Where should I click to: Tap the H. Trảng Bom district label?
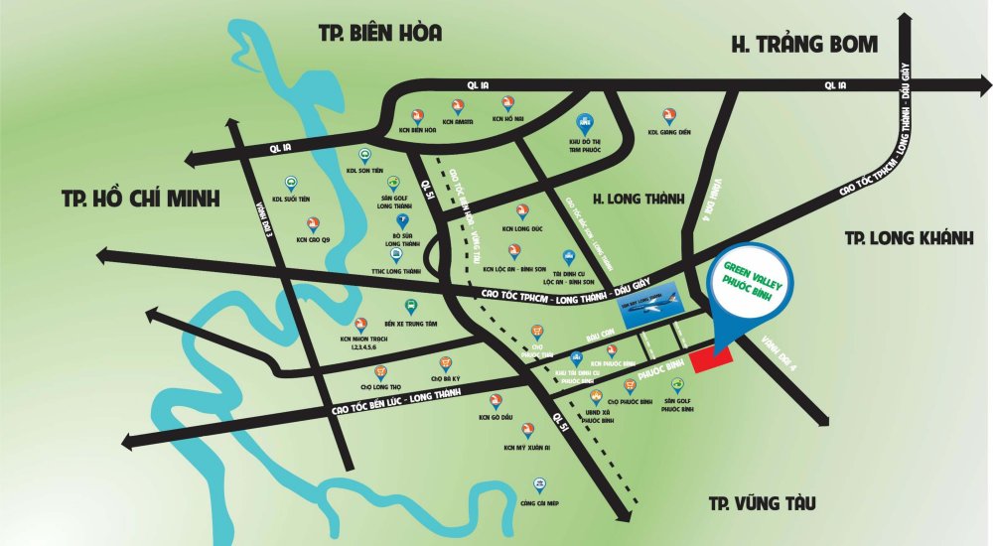(804, 44)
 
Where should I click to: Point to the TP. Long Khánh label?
(910, 238)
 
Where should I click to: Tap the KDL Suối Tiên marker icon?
(291, 183)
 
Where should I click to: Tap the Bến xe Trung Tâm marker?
(409, 307)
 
